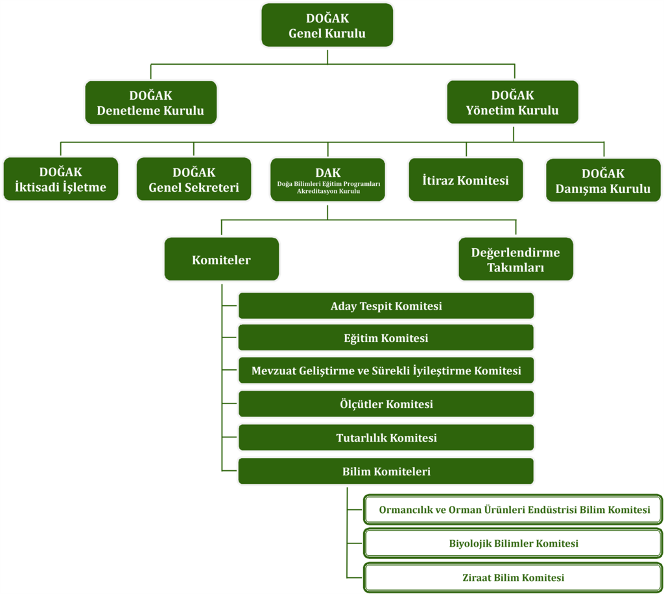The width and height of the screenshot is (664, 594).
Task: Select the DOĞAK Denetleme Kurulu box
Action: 150,102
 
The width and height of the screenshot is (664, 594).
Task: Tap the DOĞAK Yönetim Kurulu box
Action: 512,102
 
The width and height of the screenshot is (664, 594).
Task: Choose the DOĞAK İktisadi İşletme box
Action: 60,179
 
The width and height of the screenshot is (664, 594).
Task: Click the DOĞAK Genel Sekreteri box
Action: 194,179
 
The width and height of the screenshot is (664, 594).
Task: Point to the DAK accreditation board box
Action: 327,179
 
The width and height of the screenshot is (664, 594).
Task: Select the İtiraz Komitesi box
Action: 466,180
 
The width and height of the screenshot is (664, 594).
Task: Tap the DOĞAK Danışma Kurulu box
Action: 603,180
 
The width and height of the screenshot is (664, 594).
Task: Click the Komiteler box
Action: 221,259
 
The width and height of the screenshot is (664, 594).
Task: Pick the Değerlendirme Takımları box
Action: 516,259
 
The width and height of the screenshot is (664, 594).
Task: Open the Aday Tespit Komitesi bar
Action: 386,306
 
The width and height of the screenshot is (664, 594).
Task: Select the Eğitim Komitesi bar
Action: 386,337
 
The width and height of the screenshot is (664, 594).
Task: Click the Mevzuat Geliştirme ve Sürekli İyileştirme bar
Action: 386,371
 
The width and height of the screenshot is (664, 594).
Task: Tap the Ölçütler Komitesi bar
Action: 386,404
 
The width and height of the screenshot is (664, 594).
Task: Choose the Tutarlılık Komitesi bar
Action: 386,437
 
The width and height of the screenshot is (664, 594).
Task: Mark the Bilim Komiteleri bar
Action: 386,471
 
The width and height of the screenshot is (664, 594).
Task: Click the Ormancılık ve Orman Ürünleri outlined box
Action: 513,510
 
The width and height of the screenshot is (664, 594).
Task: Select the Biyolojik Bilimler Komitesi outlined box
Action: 513,543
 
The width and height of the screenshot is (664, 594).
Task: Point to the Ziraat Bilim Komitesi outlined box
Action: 513,577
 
